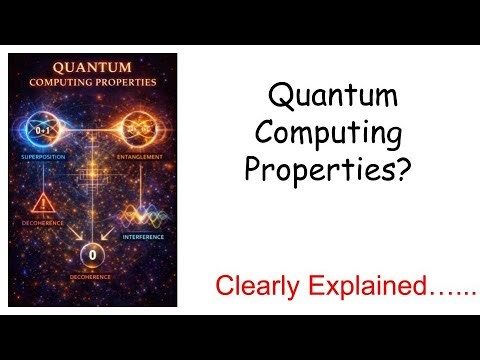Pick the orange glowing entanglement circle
click(x=139, y=130)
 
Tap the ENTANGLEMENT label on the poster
click(x=139, y=158)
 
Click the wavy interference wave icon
click(x=142, y=216)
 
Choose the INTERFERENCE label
click(x=142, y=237)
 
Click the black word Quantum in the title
click(x=334, y=98)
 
